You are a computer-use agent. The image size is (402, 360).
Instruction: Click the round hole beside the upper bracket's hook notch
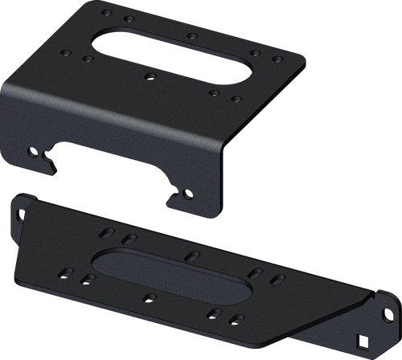click(31, 150)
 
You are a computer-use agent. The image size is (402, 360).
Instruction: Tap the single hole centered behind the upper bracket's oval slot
click(191, 35)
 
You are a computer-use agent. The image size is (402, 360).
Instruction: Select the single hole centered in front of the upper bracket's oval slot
click(150, 78)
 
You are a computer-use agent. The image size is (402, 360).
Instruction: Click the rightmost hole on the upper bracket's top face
click(277, 59)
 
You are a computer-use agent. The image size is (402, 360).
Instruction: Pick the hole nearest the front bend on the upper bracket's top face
click(213, 93)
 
